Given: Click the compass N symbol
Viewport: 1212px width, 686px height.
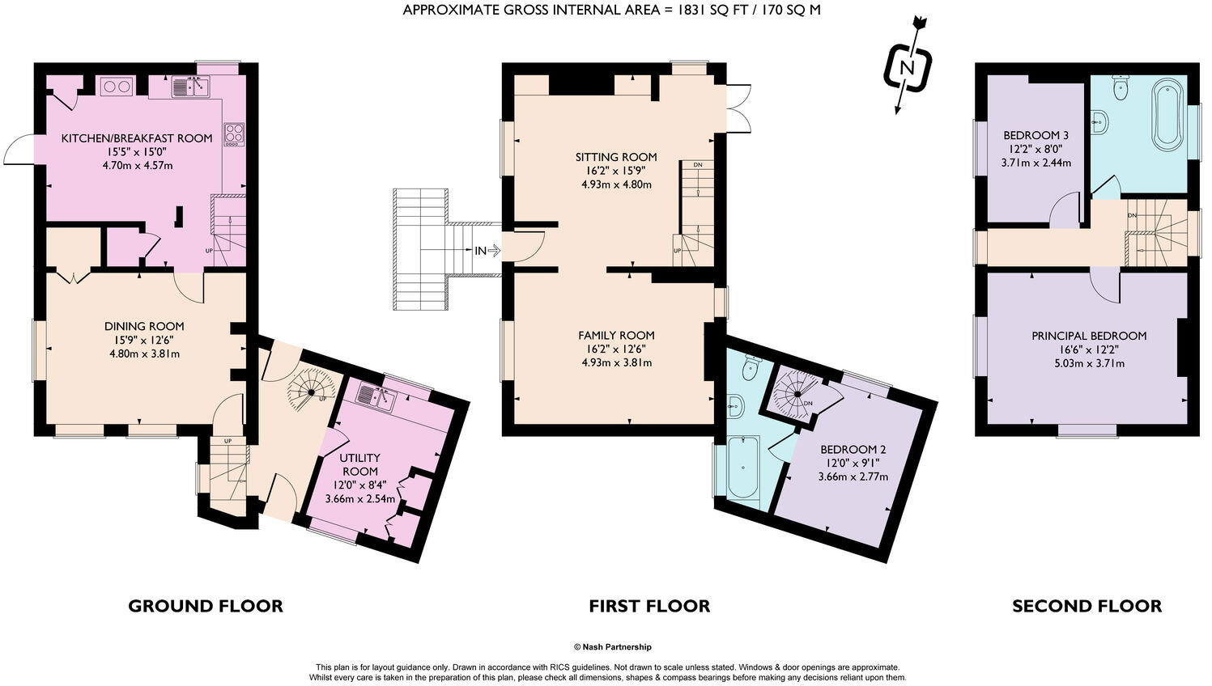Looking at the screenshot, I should pos(907,68).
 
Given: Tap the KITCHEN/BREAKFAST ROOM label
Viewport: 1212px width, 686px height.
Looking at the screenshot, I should pos(137,138).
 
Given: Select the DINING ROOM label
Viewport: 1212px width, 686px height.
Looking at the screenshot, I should pos(144,326).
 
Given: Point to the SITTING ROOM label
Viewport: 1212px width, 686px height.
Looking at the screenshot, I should pos(616,157).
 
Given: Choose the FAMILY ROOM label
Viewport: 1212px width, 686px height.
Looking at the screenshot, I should pos(616,335).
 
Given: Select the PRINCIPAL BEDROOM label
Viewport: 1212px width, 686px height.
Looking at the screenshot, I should pos(1089,336).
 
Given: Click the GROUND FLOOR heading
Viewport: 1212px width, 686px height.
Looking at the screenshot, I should pos(206,606).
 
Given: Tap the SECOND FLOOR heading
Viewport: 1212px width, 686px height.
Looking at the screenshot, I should pos(1087,606).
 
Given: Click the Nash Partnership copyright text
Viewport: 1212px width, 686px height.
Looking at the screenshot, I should pos(612,647).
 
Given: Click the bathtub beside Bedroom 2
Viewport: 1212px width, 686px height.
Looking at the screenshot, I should pos(743,468).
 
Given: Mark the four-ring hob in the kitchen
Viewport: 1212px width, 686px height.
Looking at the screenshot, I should pos(234,133).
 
